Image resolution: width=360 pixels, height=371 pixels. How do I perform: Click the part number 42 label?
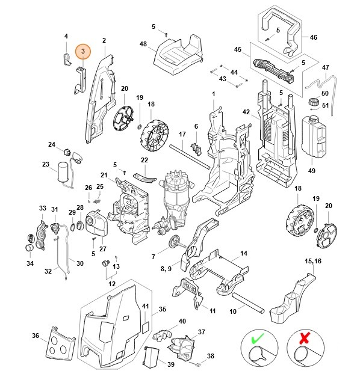click(x=246, y=112)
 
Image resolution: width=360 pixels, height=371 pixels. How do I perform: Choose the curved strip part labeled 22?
click(x=143, y=176)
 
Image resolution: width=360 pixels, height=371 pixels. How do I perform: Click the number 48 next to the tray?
click(x=143, y=44)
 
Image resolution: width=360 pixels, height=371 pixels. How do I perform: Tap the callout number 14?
click(x=244, y=253)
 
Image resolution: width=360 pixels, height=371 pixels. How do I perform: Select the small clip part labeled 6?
click(x=196, y=147)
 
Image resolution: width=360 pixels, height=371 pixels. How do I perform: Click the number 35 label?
click(x=162, y=310)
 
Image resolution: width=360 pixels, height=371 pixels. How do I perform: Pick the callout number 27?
click(x=102, y=248)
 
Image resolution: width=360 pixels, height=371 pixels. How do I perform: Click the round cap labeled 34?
click(x=28, y=247)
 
